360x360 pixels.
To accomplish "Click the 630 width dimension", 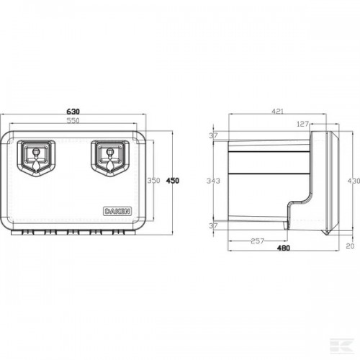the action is coord(73,112).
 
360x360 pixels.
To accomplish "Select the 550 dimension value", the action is coord(73,120).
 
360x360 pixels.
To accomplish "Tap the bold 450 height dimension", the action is coord(173,181).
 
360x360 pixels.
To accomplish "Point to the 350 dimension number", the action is coord(153,181).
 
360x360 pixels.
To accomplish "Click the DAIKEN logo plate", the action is coord(117,211).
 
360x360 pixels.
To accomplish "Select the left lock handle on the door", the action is coord(36,158).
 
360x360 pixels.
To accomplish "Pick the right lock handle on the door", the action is coord(110,158).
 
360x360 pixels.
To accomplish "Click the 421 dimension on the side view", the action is coord(278,112).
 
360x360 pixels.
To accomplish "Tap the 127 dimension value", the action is coord(302,124).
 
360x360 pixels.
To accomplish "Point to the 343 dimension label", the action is coord(213,181).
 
